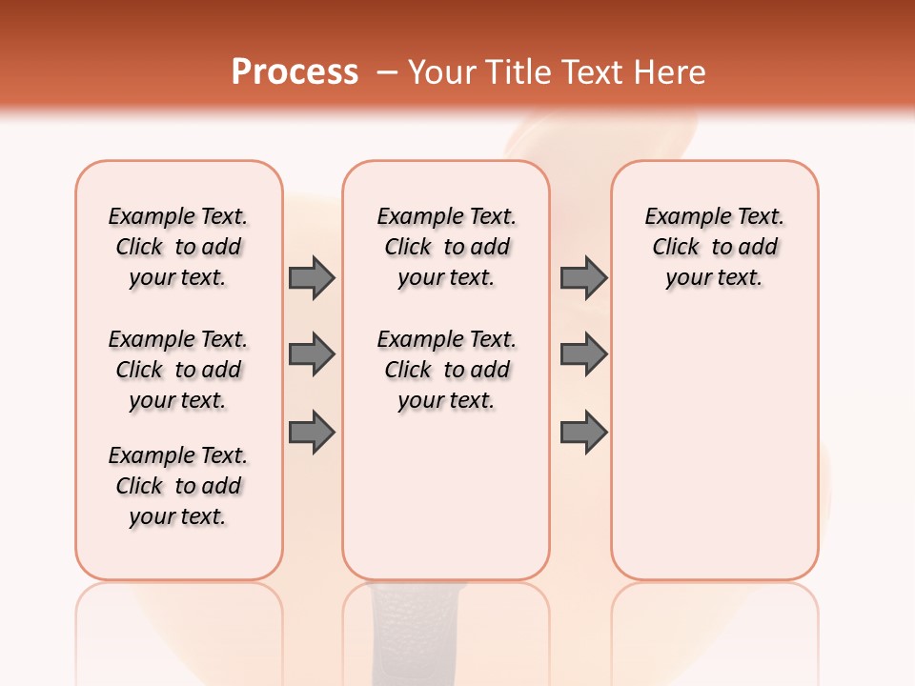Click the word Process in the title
[x=295, y=71]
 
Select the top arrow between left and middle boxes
[x=312, y=277]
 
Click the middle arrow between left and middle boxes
[x=312, y=354]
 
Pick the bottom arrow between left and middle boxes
[x=312, y=433]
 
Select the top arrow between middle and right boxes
[x=583, y=277]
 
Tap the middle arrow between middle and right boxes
[x=583, y=354]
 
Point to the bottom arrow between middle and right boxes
[x=583, y=433]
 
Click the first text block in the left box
[x=178, y=247]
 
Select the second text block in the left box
[x=178, y=370]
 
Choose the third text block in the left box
[x=178, y=486]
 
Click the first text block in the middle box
[x=446, y=247]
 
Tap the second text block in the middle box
[x=446, y=370]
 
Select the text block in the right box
[x=714, y=247]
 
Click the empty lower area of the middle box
[x=446, y=495]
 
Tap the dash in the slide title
[x=388, y=71]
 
